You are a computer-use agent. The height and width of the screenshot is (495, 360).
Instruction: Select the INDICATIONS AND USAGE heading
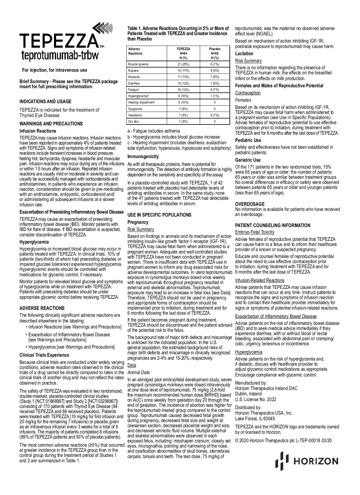click(x=45, y=101)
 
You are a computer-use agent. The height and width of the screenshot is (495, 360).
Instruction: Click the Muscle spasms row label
click(x=138, y=64)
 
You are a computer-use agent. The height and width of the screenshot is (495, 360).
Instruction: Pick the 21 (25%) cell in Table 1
click(x=183, y=64)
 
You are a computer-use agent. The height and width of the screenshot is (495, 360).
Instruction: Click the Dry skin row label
click(x=133, y=121)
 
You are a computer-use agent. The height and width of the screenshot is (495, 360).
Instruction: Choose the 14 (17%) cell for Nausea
click(x=183, y=70)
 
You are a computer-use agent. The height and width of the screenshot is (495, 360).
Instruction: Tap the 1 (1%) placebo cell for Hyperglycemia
click(x=214, y=96)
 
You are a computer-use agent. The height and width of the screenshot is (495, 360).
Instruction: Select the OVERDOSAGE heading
click(x=250, y=204)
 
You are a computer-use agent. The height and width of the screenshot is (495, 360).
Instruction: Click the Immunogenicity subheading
click(x=143, y=156)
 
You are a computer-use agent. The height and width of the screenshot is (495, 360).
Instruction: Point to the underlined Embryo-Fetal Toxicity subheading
click(x=254, y=232)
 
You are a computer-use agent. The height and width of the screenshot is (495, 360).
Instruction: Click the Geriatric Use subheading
click(x=248, y=160)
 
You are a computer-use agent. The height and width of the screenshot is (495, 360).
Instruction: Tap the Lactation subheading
click(x=244, y=53)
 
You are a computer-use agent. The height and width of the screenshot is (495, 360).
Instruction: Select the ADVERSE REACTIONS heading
click(x=42, y=308)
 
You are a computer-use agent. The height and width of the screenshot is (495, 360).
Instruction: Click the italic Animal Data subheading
click(x=138, y=372)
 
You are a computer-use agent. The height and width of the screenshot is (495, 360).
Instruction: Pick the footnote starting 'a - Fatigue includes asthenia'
click(x=154, y=131)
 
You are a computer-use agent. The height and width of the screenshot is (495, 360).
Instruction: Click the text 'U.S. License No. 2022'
click(x=256, y=399)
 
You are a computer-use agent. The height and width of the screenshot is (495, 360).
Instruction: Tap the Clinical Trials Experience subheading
click(x=44, y=355)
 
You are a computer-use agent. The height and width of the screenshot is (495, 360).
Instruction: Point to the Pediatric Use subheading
click(x=248, y=140)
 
